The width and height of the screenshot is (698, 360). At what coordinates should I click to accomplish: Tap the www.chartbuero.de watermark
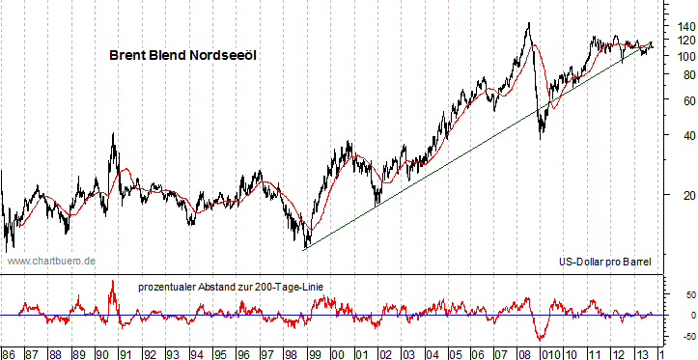tap(51, 261)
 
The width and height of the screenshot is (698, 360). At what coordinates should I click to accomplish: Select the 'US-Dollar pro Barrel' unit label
tap(605, 262)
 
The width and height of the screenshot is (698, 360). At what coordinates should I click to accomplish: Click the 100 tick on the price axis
tap(677, 56)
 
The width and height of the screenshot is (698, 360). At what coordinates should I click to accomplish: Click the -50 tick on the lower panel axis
tap(678, 337)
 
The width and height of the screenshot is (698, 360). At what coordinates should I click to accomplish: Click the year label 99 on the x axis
tap(315, 352)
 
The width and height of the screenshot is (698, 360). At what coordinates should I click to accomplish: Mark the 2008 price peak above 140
tap(528, 23)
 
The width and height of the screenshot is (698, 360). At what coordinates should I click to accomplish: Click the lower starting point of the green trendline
tap(305, 249)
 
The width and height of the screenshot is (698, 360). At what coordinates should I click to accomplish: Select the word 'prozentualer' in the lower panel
tap(168, 286)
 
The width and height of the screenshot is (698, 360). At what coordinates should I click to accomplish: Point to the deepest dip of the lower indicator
tap(540, 340)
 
